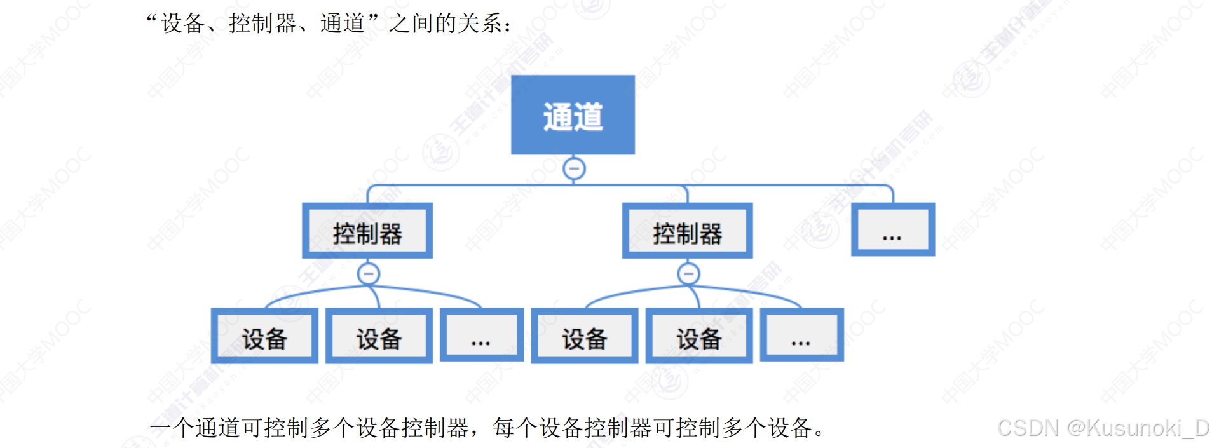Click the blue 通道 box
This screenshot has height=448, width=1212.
coord(573,115)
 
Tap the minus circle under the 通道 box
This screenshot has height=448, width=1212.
coord(574,169)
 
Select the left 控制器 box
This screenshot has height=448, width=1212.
coord(367,231)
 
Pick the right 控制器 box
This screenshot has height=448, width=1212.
coord(687,231)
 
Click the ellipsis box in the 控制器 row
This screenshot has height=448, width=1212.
coord(892,230)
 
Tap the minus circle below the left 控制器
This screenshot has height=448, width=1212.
coord(369,274)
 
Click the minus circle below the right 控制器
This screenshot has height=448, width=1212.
coord(688,274)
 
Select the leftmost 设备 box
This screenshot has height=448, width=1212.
coord(264,336)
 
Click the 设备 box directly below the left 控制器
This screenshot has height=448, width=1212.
coord(379,336)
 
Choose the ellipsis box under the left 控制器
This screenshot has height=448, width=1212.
coord(481,336)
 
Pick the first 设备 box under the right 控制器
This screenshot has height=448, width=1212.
coord(584,336)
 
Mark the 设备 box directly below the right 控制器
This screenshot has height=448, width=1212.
coord(698,336)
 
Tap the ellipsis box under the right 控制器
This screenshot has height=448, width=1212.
coord(801,336)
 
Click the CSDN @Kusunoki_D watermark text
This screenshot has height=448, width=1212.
coord(1103,428)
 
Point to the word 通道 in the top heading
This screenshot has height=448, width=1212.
coord(343,24)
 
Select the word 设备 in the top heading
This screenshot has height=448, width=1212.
coord(183,24)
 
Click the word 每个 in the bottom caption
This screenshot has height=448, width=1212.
coord(515,428)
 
